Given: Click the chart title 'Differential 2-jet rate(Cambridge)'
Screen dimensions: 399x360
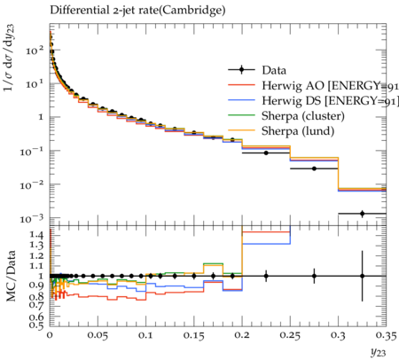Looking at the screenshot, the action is tap(137, 11).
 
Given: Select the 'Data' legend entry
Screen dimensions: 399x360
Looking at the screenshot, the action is tap(257, 70).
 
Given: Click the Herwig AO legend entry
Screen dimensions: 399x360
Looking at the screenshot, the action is tap(313, 85).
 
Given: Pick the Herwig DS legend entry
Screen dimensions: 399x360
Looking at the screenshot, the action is tap(313, 101).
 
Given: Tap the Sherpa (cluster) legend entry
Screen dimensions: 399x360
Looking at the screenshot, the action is tap(286, 116).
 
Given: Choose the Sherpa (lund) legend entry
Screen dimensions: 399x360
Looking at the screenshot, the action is tap(281, 131).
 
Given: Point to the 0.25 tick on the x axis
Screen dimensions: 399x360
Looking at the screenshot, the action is tap(290, 335).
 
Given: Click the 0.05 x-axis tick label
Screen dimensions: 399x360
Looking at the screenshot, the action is tap(98, 335).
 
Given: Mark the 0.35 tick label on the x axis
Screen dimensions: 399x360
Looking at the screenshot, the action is tap(386, 335).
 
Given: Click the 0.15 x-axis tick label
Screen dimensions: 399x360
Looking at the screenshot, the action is tap(193, 335).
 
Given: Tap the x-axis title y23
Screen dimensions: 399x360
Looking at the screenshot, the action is tap(378, 352).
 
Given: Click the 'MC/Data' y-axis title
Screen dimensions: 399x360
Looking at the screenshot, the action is tap(11, 276).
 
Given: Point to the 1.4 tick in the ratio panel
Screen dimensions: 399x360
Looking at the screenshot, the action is tap(37, 235).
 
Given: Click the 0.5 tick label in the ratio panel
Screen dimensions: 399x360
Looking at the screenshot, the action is tap(37, 325).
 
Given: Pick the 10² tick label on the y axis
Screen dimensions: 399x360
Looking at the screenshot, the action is tap(35, 51).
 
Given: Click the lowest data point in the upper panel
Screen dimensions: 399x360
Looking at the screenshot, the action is tap(362, 214).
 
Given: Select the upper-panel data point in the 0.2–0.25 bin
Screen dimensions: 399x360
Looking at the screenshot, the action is tap(266, 153).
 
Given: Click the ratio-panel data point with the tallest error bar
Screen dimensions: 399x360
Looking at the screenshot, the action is tap(362, 276).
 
